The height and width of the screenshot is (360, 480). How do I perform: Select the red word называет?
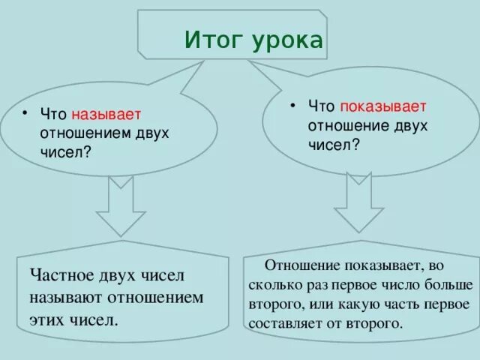pyautogui.click(x=106, y=115)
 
